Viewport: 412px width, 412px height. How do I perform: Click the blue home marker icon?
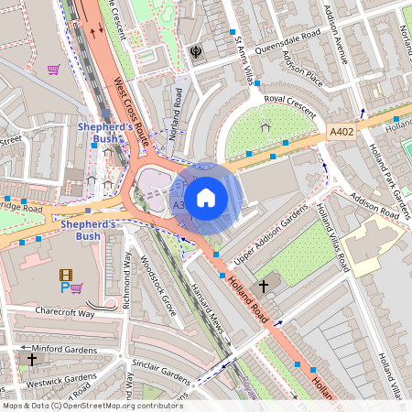206,197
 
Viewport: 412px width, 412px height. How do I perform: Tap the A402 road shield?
341,134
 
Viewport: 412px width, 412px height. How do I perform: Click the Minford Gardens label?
55,348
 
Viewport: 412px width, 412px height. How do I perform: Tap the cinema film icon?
65,274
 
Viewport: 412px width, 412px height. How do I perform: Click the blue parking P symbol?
64,287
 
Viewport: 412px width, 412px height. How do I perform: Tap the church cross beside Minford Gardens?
31,360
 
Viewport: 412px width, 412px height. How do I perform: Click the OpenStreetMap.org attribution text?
119,406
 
